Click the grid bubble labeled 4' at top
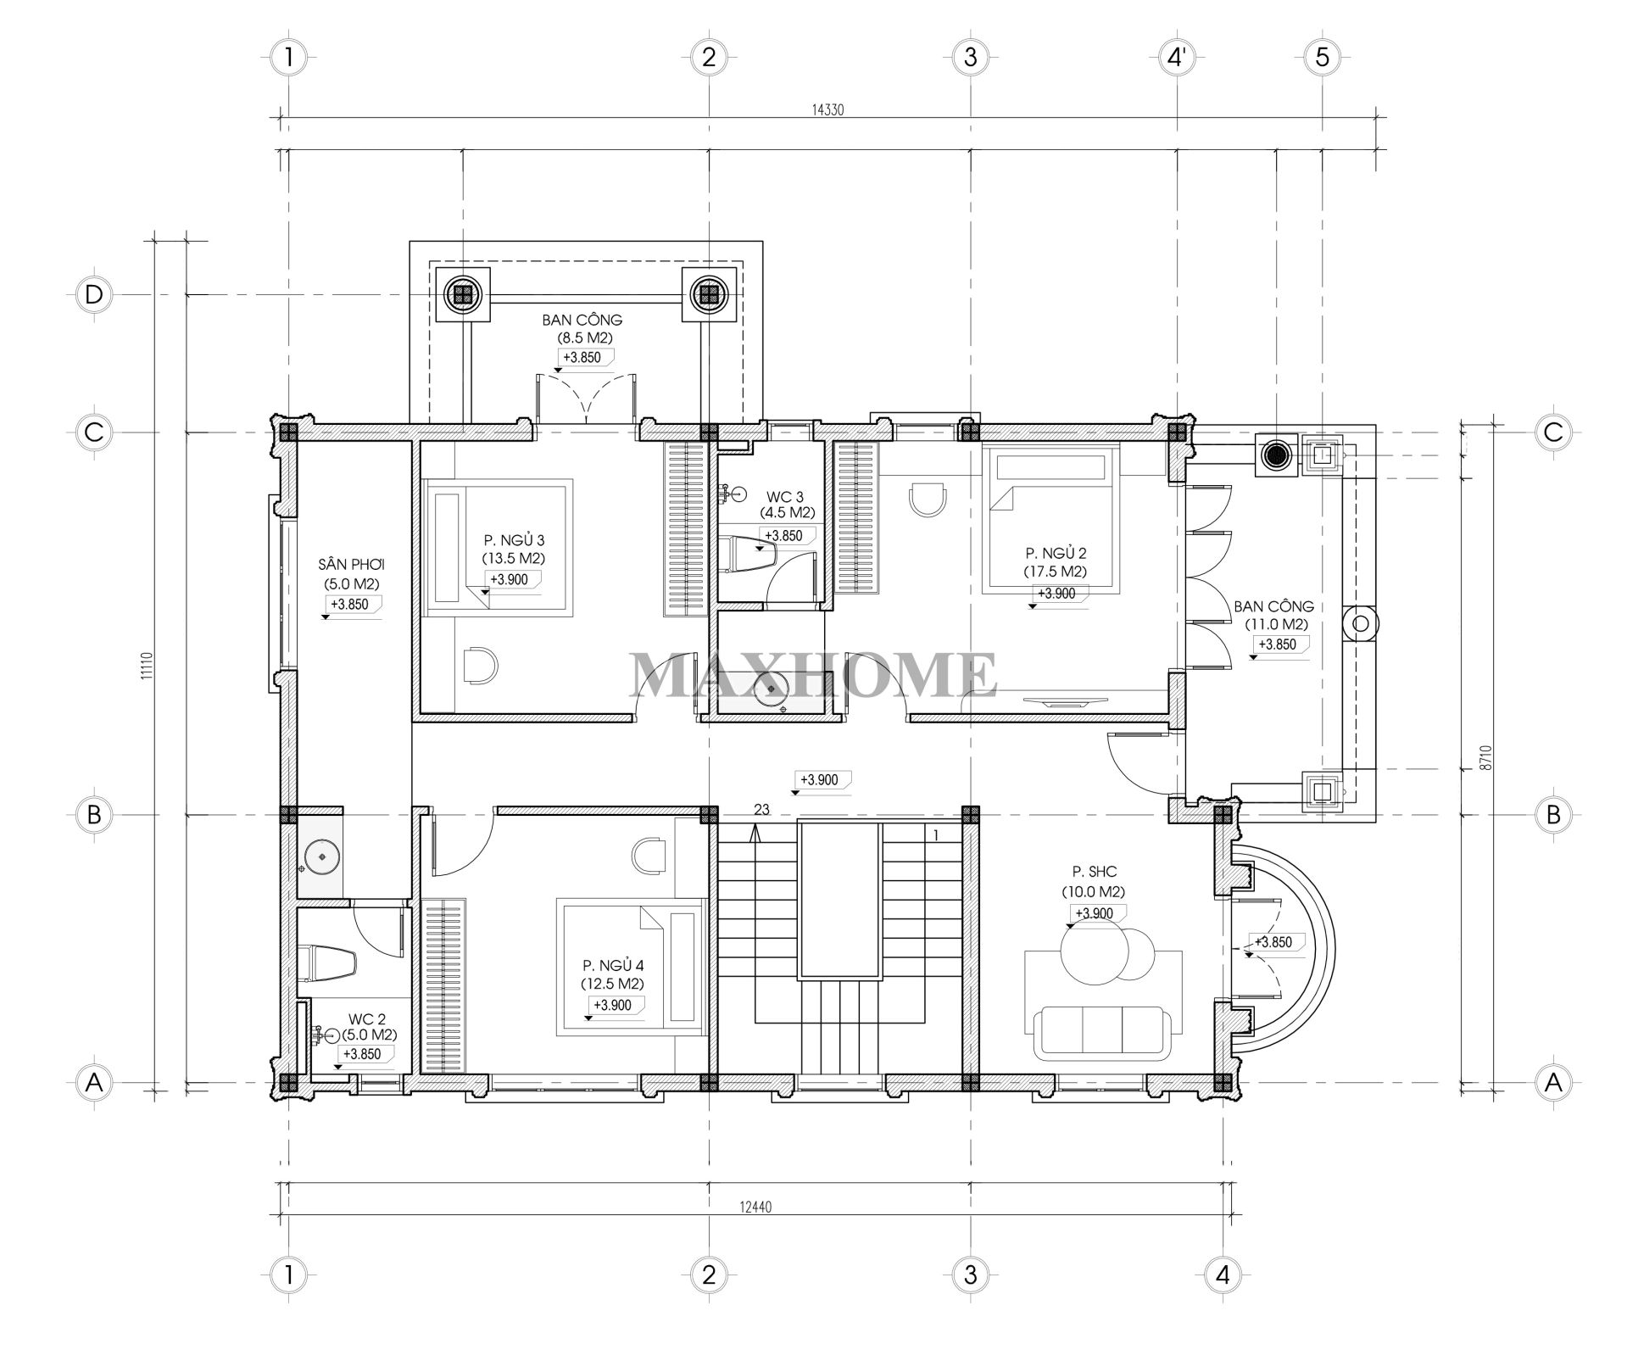pos(1178,58)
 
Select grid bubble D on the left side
pos(93,294)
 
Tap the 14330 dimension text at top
pos(827,109)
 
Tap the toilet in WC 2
pos(329,962)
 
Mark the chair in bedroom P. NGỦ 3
pos(480,664)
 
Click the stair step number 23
pos(761,810)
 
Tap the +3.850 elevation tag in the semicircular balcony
pos(1273,942)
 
